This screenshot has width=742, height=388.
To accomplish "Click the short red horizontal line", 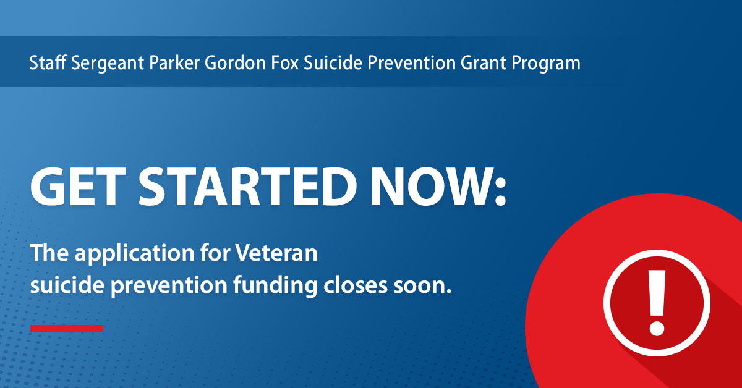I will coord(67,328).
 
